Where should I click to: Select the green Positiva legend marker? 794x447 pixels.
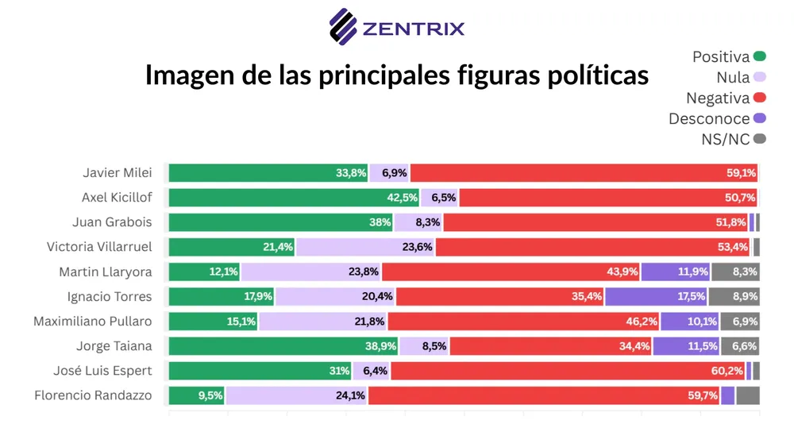click(x=760, y=56)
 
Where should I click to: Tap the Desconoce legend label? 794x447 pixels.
click(x=708, y=118)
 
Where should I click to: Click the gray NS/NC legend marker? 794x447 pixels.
click(x=760, y=139)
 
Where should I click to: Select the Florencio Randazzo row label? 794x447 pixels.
click(x=93, y=395)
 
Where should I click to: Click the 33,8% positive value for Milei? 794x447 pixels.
click(x=351, y=173)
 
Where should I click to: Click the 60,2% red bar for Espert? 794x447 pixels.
click(x=568, y=370)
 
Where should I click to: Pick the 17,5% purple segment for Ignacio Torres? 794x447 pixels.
click(x=656, y=296)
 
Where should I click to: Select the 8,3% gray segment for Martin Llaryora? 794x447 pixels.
click(x=735, y=272)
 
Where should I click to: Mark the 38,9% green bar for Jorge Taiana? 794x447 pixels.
click(x=283, y=345)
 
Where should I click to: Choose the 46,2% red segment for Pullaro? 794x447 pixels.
click(x=524, y=321)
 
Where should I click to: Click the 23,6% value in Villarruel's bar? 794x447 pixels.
click(x=417, y=247)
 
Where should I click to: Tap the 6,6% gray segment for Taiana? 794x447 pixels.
click(x=740, y=345)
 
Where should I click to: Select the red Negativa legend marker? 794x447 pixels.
click(x=760, y=98)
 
